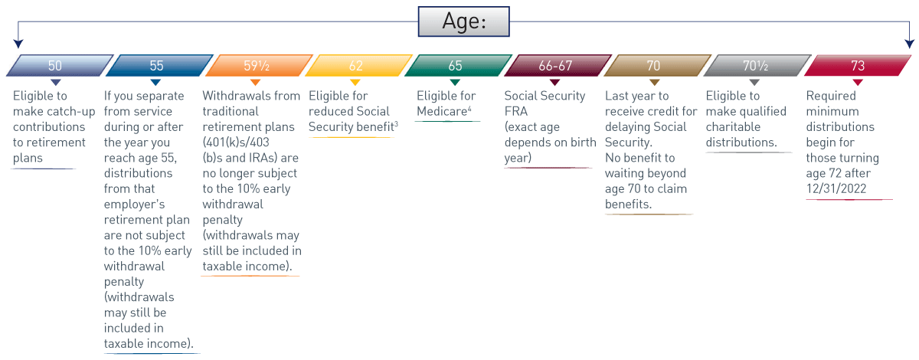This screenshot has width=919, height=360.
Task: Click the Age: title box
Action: click(x=463, y=21)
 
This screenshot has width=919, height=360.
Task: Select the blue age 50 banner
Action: click(x=60, y=65)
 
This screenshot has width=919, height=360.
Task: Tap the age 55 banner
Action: click(x=159, y=65)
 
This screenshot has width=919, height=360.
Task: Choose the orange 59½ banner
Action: click(x=259, y=65)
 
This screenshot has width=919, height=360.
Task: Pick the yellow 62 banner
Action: click(x=358, y=65)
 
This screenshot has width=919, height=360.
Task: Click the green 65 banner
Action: click(x=458, y=65)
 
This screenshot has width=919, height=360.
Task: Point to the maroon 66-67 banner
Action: click(x=558, y=65)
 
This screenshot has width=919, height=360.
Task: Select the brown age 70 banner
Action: click(x=658, y=65)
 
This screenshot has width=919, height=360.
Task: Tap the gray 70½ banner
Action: click(x=757, y=65)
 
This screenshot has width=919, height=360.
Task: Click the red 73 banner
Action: click(x=858, y=65)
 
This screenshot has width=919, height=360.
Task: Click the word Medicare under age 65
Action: click(x=442, y=111)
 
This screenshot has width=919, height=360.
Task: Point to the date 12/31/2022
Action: click(x=836, y=188)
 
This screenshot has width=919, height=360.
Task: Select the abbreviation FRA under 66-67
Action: click(x=516, y=111)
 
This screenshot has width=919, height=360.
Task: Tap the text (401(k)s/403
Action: click(x=236, y=142)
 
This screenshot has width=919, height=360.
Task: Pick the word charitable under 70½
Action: click(x=733, y=127)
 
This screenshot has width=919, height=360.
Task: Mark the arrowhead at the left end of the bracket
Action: click(x=18, y=44)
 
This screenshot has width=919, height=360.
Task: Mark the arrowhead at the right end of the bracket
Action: click(x=910, y=44)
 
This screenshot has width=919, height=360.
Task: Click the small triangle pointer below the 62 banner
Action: click(x=355, y=83)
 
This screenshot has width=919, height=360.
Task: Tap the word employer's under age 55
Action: click(x=134, y=205)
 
